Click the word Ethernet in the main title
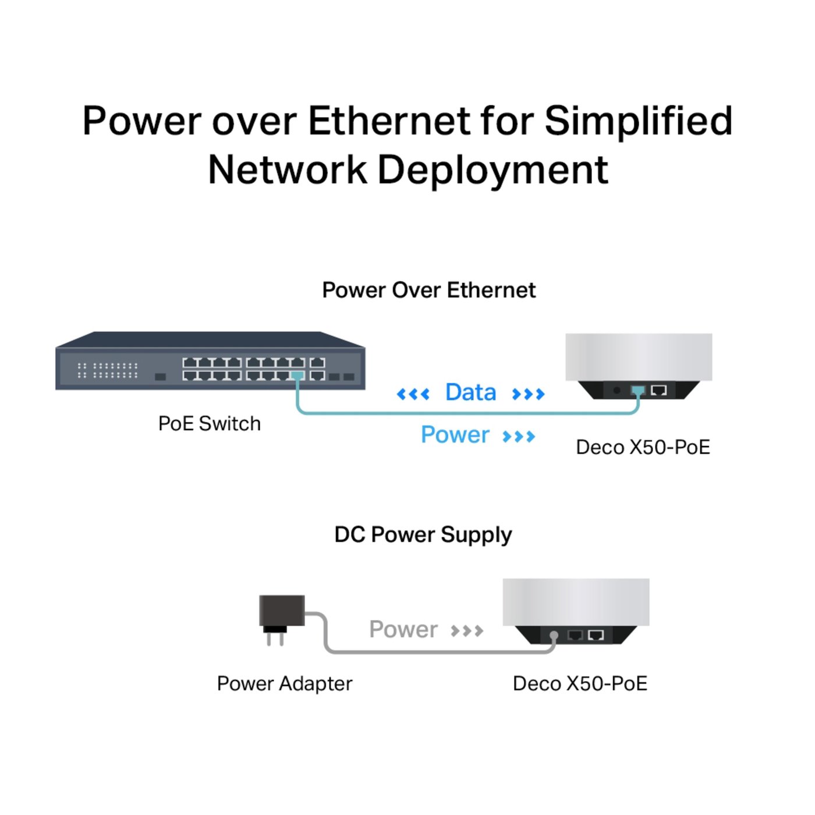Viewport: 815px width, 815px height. pyautogui.click(x=389, y=121)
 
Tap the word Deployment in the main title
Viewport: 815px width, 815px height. pyautogui.click(x=492, y=170)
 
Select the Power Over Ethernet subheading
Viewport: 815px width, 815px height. pyautogui.click(x=428, y=290)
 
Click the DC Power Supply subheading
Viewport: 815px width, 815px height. pyautogui.click(x=423, y=534)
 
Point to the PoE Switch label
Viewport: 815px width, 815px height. pyautogui.click(x=210, y=423)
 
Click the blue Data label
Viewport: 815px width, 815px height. pyautogui.click(x=470, y=392)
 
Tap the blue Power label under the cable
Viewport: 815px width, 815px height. pyautogui.click(x=455, y=435)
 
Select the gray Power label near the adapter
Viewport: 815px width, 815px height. pyautogui.click(x=403, y=629)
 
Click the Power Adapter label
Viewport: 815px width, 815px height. pyautogui.click(x=284, y=683)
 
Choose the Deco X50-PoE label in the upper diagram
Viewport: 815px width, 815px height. pyautogui.click(x=643, y=447)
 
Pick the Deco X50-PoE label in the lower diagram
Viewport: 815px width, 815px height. pyautogui.click(x=580, y=683)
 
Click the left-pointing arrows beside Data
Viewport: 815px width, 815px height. pyautogui.click(x=413, y=394)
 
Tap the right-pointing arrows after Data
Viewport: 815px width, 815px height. pyautogui.click(x=528, y=394)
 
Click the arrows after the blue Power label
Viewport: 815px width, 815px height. pyautogui.click(x=519, y=437)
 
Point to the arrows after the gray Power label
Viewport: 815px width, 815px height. pyautogui.click(x=467, y=630)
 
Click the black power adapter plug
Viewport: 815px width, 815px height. pyautogui.click(x=281, y=617)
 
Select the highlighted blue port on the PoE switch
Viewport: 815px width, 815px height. pyautogui.click(x=297, y=376)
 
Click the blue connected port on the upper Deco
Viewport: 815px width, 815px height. pyautogui.click(x=638, y=390)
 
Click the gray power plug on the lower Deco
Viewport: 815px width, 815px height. pyautogui.click(x=554, y=636)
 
